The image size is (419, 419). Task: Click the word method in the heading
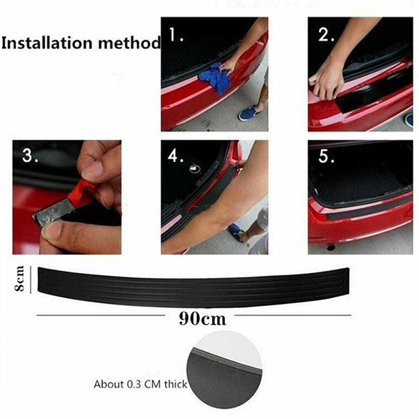pyautogui.click(x=126, y=43)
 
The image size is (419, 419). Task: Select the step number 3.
pyautogui.click(x=29, y=156)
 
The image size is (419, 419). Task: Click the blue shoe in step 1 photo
pyautogui.click(x=249, y=112)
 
